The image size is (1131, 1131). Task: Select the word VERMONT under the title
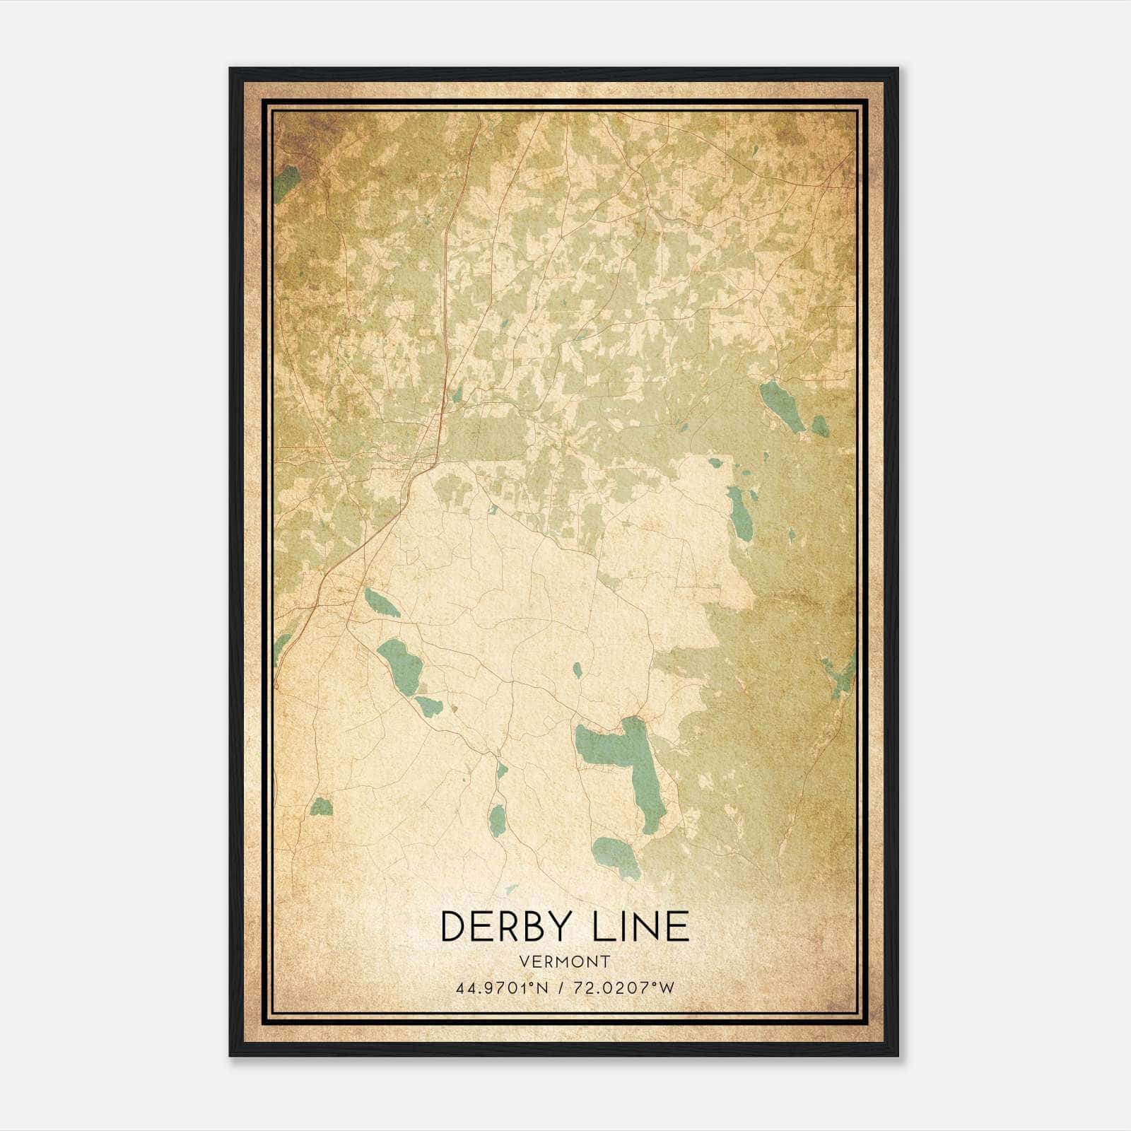[x=564, y=961]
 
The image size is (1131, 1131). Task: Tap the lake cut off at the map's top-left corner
[x=285, y=183]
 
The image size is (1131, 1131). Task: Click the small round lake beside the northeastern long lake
[x=819, y=426]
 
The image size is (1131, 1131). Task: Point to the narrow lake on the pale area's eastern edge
[x=740, y=512]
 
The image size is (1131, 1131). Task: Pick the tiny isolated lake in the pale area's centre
[x=578, y=670]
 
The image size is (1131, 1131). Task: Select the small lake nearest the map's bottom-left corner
[x=321, y=807]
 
